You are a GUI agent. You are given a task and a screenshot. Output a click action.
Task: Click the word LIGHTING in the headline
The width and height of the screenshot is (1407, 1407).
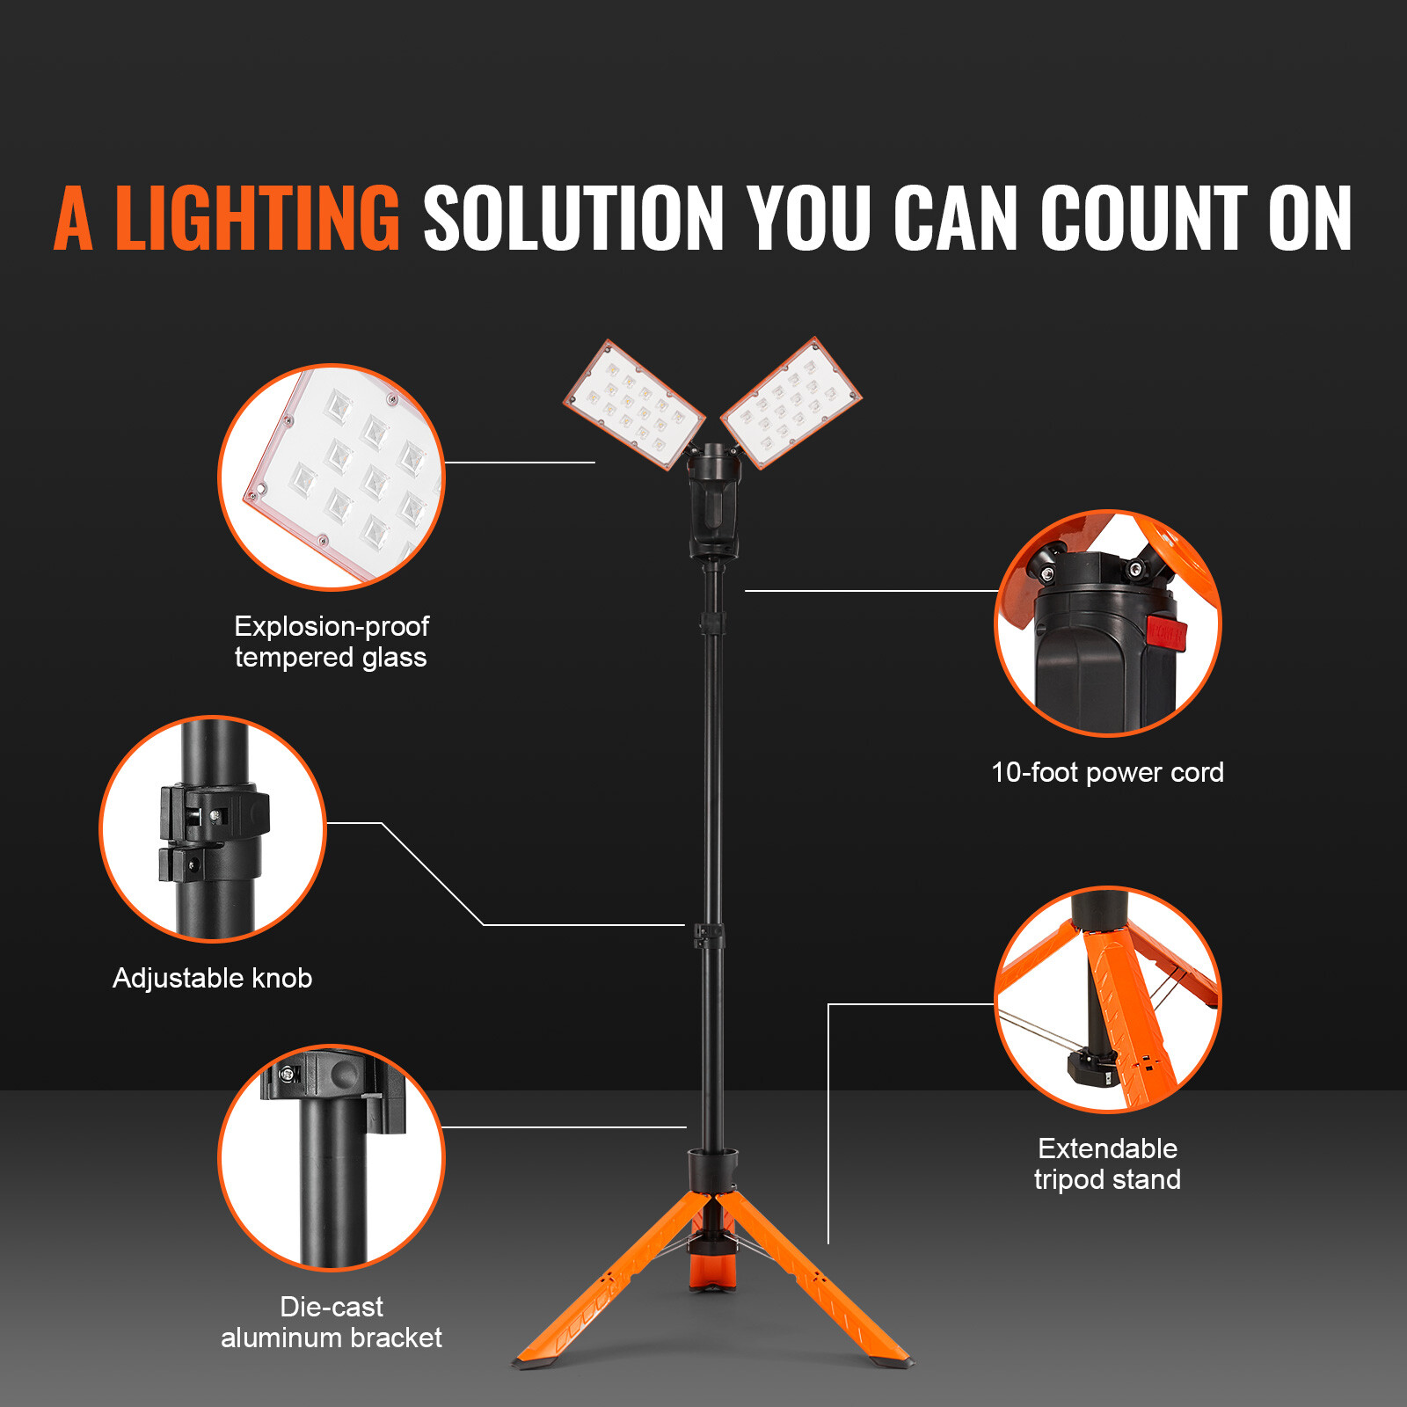[258, 218]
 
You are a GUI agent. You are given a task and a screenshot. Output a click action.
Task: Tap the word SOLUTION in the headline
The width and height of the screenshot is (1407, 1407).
[573, 218]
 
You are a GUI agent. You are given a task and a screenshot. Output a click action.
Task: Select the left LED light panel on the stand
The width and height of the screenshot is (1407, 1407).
[633, 405]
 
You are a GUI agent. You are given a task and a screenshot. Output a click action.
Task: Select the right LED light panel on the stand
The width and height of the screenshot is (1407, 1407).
[791, 402]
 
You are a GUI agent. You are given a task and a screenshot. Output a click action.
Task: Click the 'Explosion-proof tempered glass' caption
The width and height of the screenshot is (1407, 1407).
[332, 642]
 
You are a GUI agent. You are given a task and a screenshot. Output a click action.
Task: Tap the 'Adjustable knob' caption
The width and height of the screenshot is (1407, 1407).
[213, 978]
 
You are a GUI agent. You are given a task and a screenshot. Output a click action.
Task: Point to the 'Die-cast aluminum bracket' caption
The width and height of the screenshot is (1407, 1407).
[332, 1322]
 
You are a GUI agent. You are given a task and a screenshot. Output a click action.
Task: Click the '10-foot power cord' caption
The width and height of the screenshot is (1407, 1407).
[1107, 772]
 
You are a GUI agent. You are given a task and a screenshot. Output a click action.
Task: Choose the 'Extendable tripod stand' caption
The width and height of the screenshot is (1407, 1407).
[1107, 1163]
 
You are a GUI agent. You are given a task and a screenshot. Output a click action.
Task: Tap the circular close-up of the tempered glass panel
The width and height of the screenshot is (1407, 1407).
[332, 477]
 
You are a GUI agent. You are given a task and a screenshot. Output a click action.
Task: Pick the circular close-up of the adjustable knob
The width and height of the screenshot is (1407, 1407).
[213, 828]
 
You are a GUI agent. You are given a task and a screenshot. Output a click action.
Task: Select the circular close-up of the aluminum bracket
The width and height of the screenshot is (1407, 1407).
[332, 1157]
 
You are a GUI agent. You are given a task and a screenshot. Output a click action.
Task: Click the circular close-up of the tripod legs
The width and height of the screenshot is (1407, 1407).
[1107, 999]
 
